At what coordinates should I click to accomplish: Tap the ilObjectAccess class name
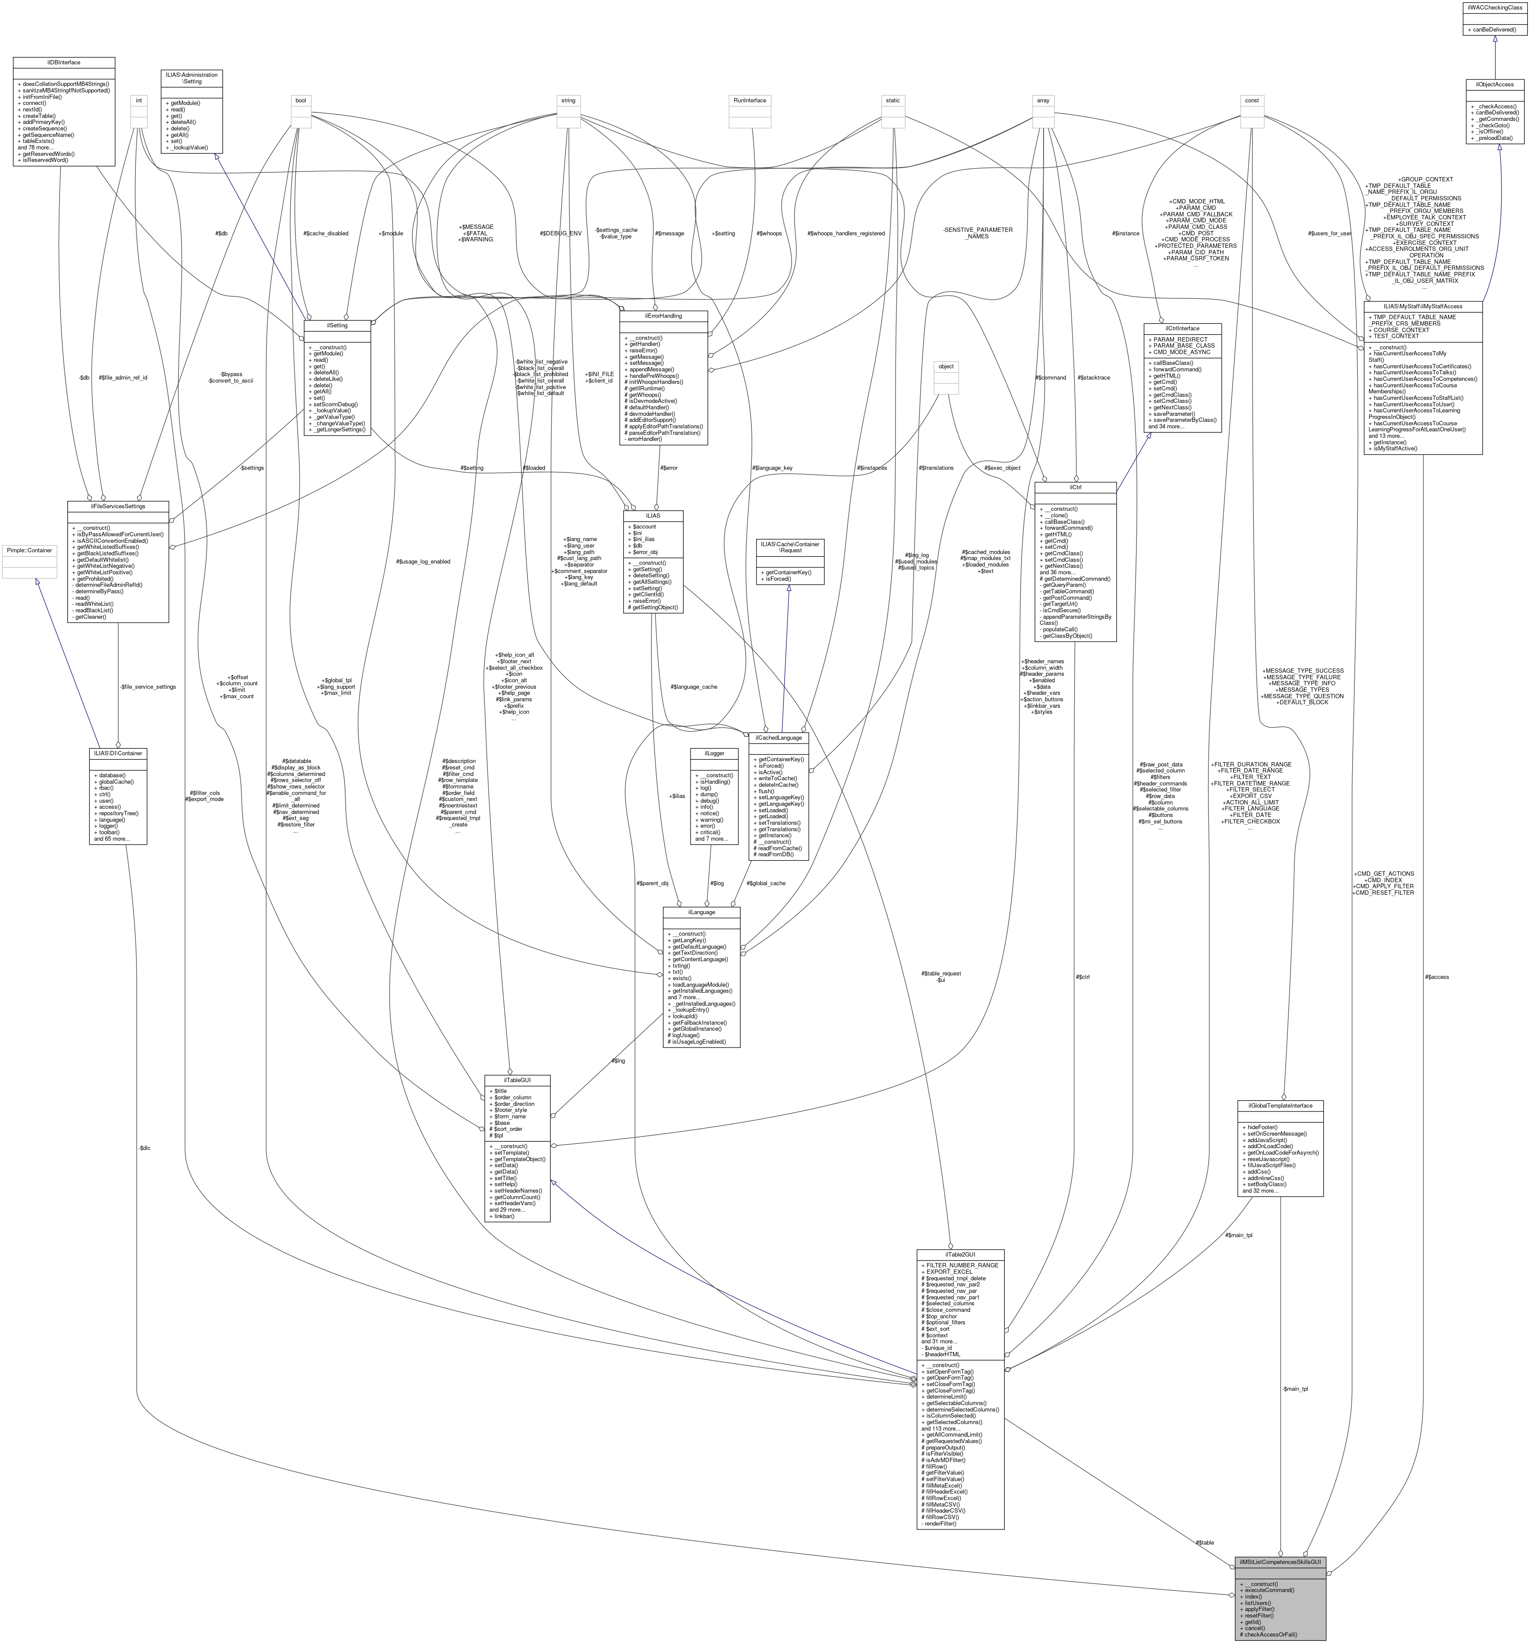tap(1495, 84)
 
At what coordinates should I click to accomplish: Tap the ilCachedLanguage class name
tap(777, 737)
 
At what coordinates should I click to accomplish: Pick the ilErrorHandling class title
tap(662, 316)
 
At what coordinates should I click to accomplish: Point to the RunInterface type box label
tap(749, 100)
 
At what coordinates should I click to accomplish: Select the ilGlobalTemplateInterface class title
tap(1280, 1105)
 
